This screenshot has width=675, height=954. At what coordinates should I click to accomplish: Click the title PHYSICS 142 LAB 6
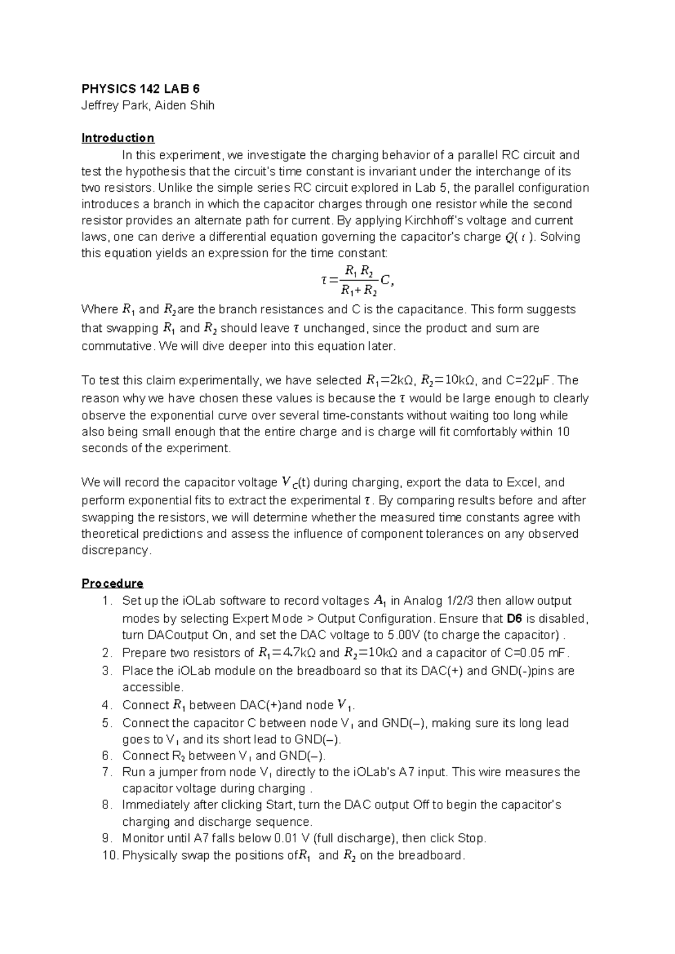(x=141, y=89)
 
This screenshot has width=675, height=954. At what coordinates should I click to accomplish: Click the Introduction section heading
(x=118, y=138)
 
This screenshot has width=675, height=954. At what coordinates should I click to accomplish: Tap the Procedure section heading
(x=112, y=583)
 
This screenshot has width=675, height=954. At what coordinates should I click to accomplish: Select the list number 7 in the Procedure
(x=107, y=772)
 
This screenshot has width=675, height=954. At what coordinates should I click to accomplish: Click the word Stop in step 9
(x=471, y=838)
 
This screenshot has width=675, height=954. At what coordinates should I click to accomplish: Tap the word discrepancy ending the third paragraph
(x=116, y=550)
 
